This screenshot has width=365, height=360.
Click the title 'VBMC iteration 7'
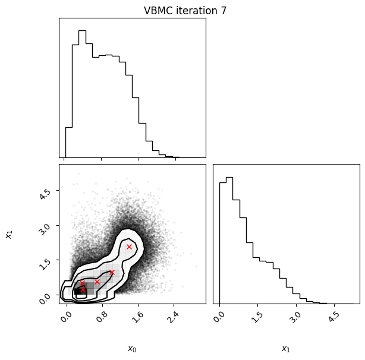(185, 11)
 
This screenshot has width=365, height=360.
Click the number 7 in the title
(224, 11)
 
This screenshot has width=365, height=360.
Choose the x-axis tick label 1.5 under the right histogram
(257, 317)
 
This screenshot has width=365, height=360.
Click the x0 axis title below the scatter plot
(132, 349)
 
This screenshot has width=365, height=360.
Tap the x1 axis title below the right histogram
(286, 349)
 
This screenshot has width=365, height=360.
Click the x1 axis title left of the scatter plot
(9, 235)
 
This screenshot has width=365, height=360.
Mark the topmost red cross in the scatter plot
(129, 247)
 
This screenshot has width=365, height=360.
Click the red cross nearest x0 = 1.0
(112, 272)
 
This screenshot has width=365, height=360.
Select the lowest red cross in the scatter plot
(83, 290)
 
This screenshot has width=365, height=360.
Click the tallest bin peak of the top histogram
(83, 30)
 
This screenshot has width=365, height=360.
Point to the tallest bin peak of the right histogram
(229, 178)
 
